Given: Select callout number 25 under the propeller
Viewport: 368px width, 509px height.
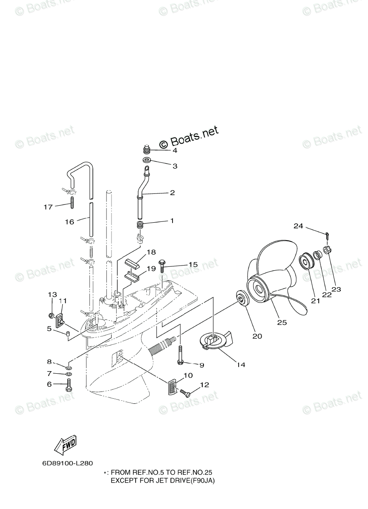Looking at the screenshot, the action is [282, 322].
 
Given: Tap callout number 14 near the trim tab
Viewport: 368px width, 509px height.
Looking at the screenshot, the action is [241, 364].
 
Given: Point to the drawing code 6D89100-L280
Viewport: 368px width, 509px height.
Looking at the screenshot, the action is [67, 463].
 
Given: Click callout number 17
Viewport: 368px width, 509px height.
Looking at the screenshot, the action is [48, 207].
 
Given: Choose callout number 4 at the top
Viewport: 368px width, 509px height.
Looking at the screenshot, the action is [174, 151].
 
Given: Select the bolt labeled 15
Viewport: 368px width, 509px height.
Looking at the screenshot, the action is [162, 265].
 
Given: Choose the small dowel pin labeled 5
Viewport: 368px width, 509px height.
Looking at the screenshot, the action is [67, 336].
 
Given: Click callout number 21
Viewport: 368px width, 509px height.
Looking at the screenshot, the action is [315, 301].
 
